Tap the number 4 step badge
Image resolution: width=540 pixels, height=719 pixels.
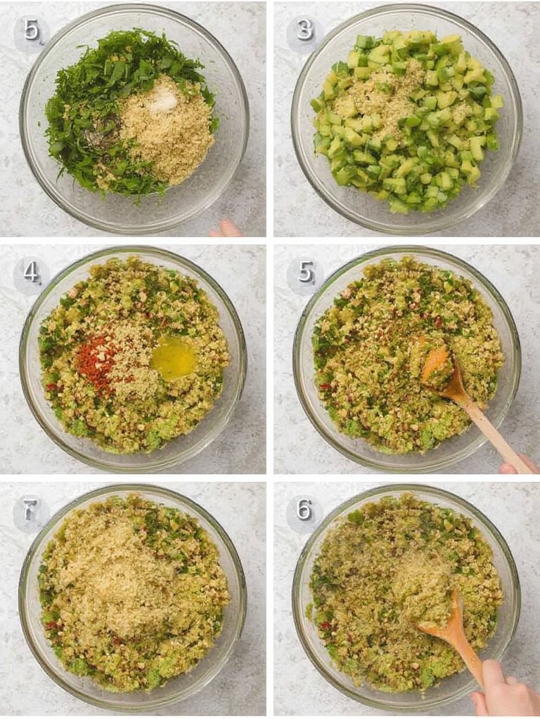click(31, 272)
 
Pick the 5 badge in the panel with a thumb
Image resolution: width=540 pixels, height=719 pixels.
click(304, 272)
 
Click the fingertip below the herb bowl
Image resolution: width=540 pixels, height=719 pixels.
click(227, 229)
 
